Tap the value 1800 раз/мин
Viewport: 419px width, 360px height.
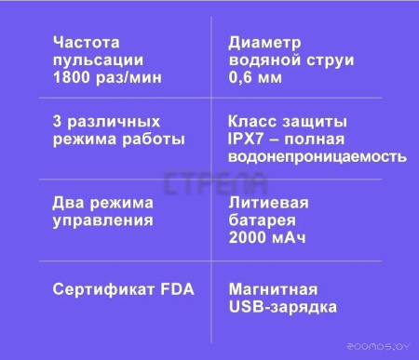point(107,78)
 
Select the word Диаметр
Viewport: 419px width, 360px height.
point(265,42)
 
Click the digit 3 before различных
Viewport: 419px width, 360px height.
point(59,122)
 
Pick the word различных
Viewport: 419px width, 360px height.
point(115,122)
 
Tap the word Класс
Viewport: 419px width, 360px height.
point(253,122)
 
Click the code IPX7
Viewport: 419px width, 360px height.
point(250,140)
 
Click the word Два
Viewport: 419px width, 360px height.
point(71,203)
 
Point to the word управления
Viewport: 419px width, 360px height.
point(102,220)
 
